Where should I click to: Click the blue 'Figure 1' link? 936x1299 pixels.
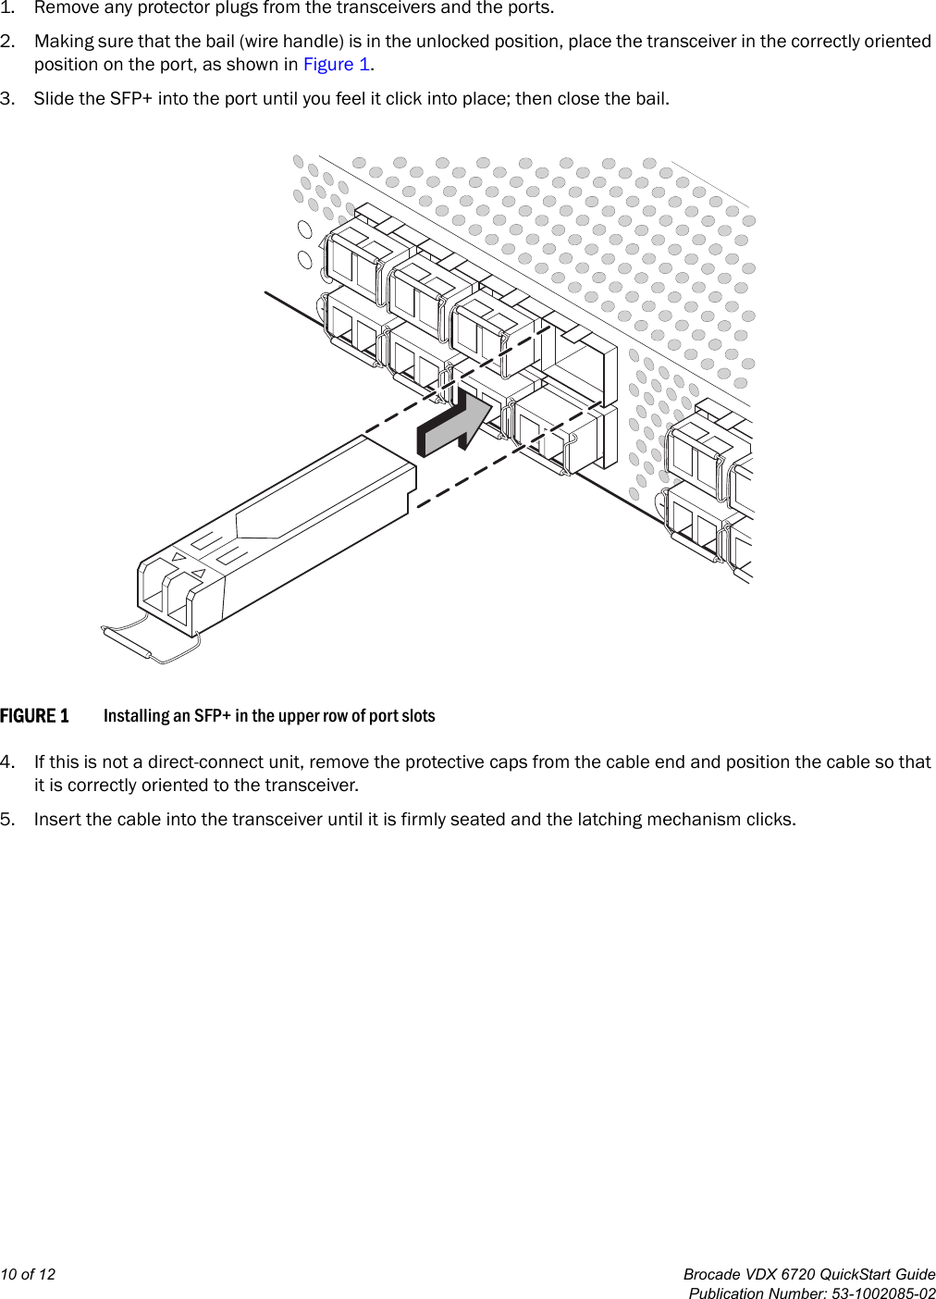click(x=337, y=65)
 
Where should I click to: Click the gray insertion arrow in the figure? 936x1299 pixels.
click(x=453, y=427)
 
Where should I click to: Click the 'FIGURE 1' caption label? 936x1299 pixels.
click(x=34, y=716)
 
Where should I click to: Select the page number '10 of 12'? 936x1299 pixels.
click(x=28, y=1274)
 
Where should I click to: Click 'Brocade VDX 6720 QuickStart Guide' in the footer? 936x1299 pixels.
click(x=809, y=1274)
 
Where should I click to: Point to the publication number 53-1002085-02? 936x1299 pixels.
click(x=883, y=1293)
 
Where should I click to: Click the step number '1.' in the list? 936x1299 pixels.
click(x=7, y=8)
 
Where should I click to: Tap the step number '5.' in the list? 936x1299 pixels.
click(x=7, y=820)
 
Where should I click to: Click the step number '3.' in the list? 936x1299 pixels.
click(x=7, y=99)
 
